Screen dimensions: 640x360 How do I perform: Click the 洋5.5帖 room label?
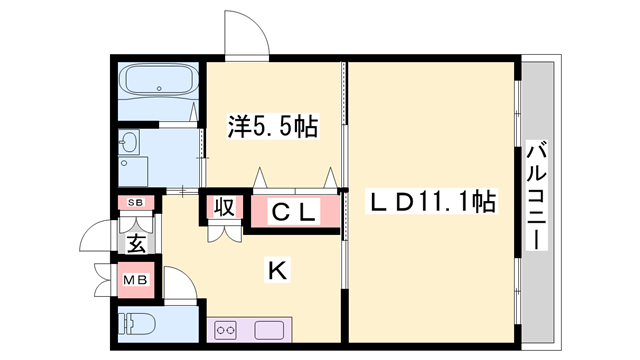pyautogui.click(x=272, y=128)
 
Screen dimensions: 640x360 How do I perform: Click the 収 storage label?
pyautogui.click(x=223, y=208)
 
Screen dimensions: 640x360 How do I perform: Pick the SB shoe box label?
pyautogui.click(x=136, y=203)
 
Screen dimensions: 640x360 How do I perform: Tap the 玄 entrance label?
pyautogui.click(x=137, y=241)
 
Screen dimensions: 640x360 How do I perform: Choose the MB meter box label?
pyautogui.click(x=136, y=280)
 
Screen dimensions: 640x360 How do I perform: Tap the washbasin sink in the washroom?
pyautogui.click(x=131, y=146)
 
